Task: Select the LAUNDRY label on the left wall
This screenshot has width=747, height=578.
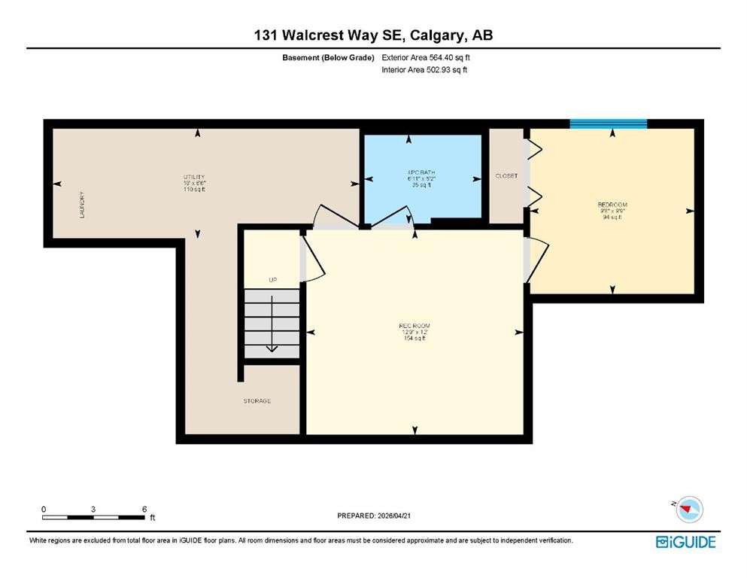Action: coord(81,205)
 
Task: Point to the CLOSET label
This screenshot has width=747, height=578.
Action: coord(506,176)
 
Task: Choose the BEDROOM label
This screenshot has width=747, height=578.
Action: coord(612,205)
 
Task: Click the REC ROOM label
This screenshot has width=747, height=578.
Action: coord(414,325)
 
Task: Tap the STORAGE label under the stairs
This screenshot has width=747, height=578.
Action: coord(257,401)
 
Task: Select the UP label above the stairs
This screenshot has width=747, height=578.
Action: coord(273,280)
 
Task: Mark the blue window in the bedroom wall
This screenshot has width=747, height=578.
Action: coord(608,124)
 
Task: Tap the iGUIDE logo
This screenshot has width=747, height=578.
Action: coord(685,542)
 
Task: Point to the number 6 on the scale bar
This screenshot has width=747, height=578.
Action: coord(144,509)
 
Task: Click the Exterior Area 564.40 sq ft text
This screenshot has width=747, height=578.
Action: coord(427,57)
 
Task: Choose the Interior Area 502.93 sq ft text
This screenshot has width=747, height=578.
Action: coord(424,70)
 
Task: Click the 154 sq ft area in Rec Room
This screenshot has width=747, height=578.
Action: coord(414,339)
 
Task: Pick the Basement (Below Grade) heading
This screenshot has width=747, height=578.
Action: coord(328,57)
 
